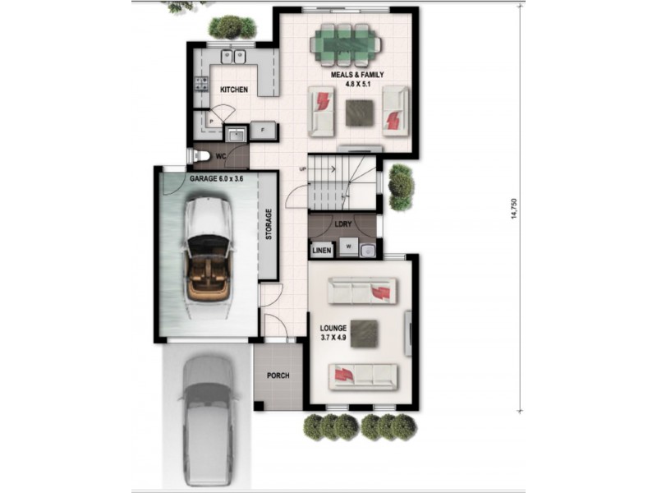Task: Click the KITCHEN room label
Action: pyautogui.click(x=233, y=89)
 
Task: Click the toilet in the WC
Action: pyautogui.click(x=200, y=155)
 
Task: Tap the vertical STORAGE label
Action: pyautogui.click(x=269, y=224)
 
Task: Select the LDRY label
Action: pyautogui.click(x=343, y=223)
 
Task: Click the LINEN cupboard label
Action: pyautogui.click(x=322, y=250)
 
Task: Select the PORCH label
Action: pyautogui.click(x=278, y=376)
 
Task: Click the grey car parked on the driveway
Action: pyautogui.click(x=209, y=419)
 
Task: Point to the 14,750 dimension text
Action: pyautogui.click(x=515, y=210)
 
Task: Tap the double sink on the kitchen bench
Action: pyautogui.click(x=232, y=57)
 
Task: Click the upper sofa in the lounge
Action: pyautogui.click(x=362, y=291)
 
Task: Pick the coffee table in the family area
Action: pyautogui.click(x=359, y=112)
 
